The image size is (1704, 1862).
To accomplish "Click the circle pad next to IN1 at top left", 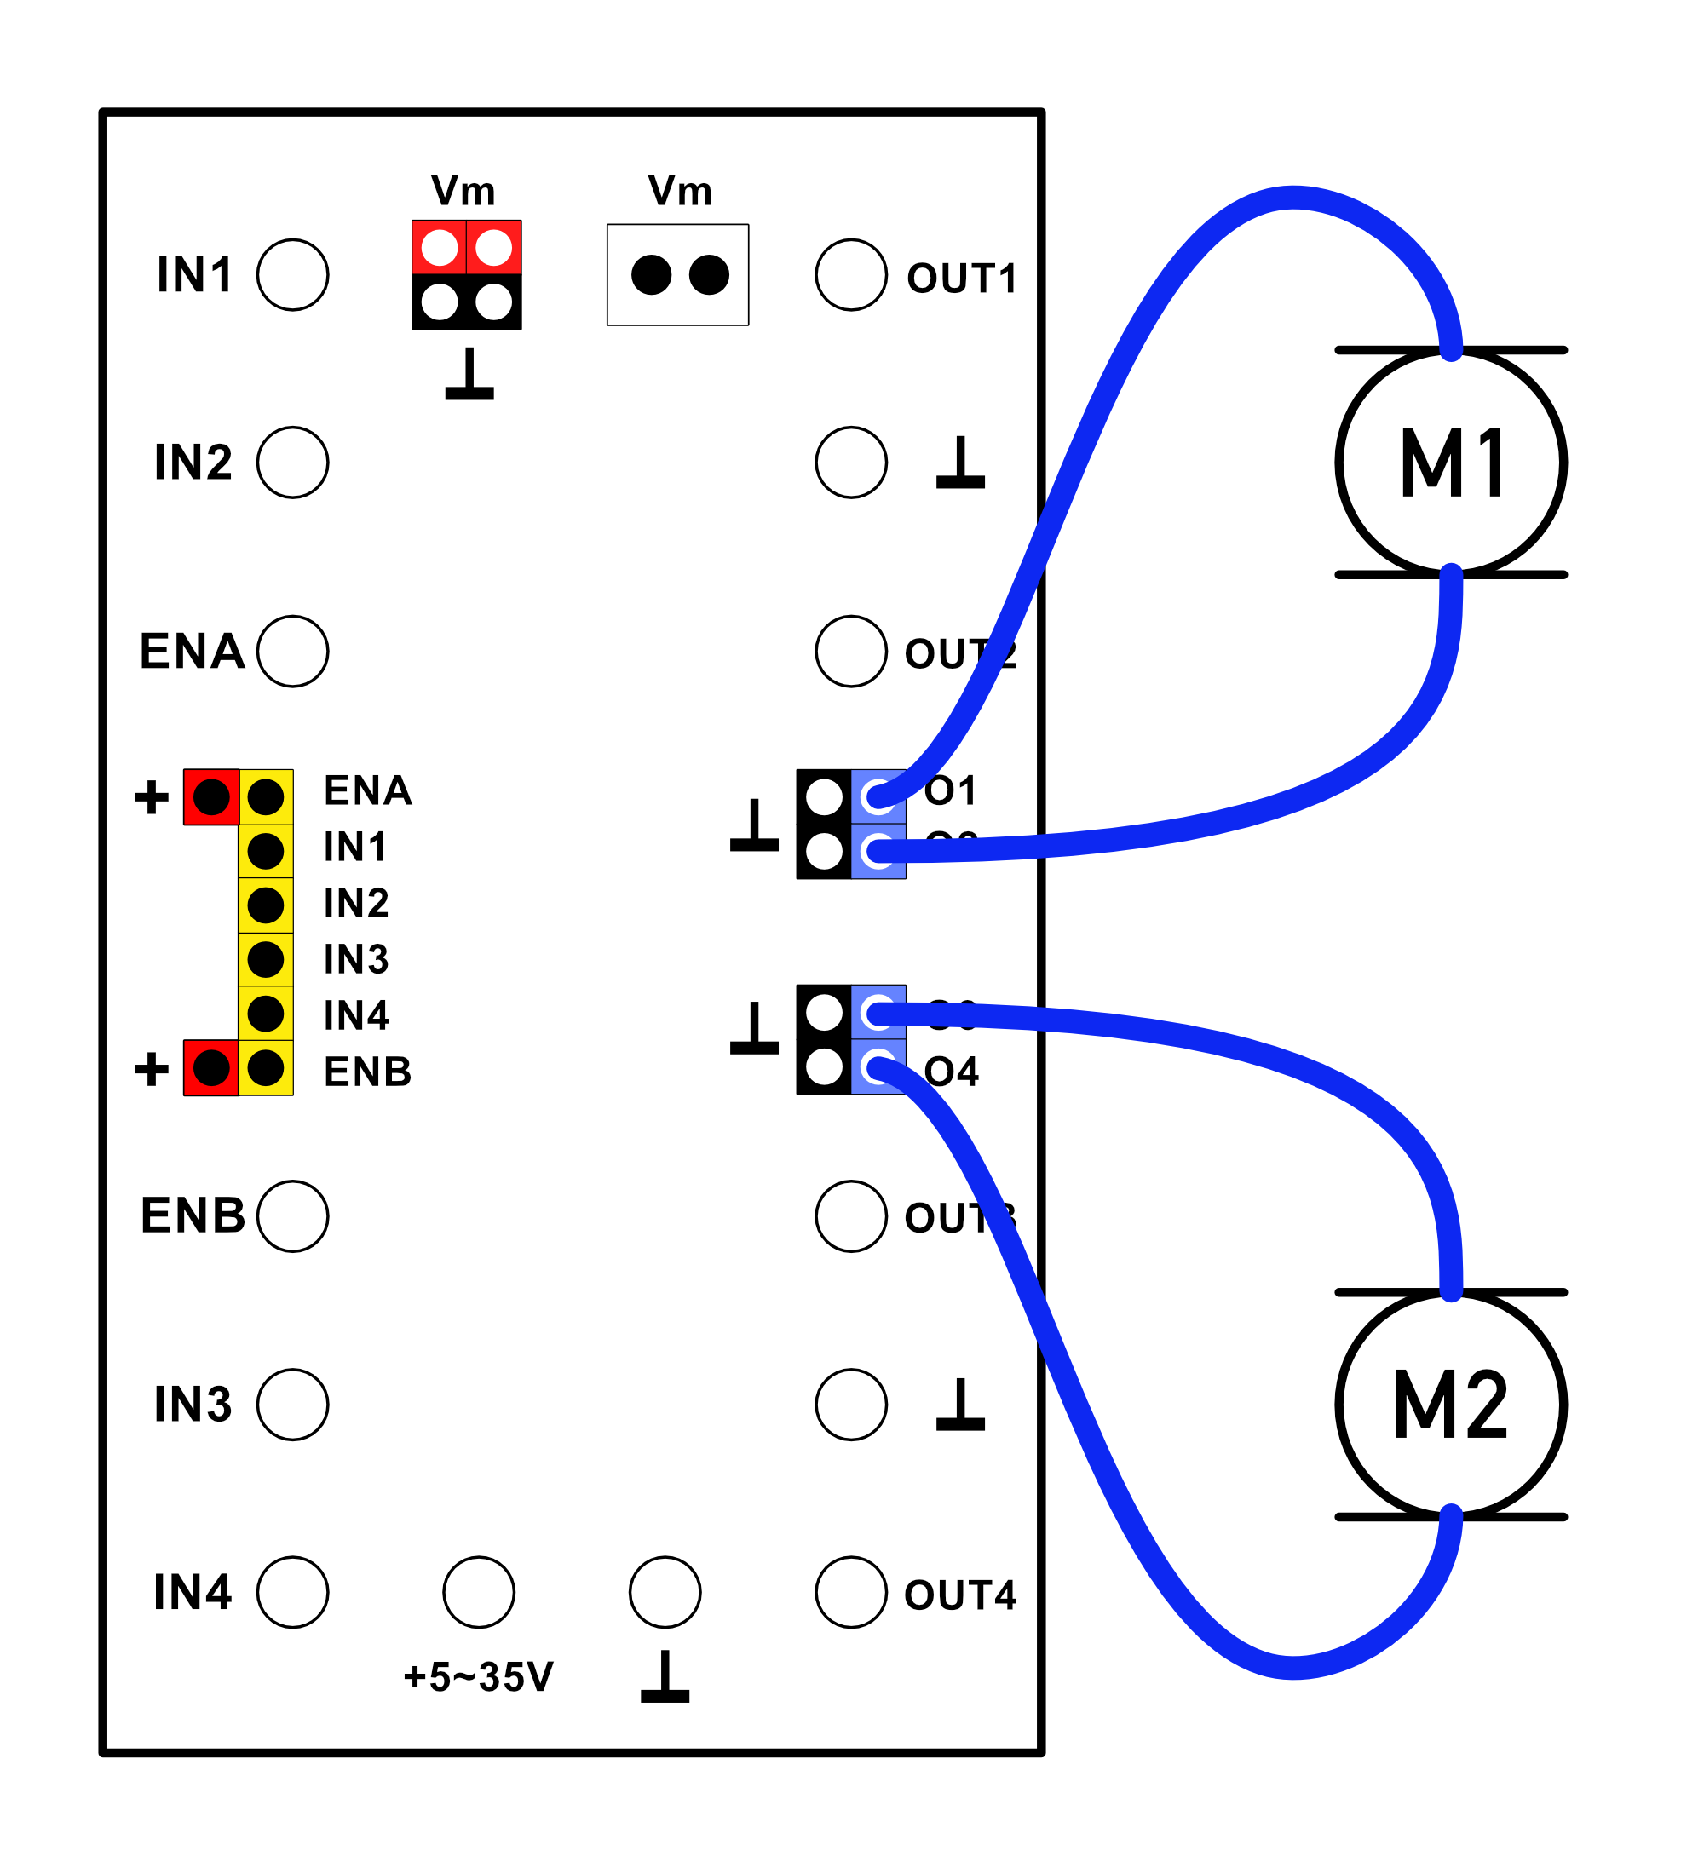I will [293, 275].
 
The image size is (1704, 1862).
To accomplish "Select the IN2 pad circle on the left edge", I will [293, 463].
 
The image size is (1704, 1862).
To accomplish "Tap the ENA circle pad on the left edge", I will [293, 652].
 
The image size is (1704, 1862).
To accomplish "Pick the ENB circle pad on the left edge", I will [293, 1216].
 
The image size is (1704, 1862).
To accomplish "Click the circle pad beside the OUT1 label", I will [851, 275].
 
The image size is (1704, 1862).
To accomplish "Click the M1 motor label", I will [1452, 463].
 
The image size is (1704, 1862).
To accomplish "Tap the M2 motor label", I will [1452, 1405].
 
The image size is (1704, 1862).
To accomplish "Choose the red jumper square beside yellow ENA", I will [211, 797].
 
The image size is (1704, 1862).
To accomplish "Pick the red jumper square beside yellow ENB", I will [211, 1069].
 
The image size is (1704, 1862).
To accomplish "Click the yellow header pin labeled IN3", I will [266, 960].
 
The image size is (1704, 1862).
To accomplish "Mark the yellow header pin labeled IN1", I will [266, 852].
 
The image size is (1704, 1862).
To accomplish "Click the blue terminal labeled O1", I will [878, 797].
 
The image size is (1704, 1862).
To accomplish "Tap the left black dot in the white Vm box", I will [652, 275].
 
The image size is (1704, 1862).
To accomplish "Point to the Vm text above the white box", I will [680, 193].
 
